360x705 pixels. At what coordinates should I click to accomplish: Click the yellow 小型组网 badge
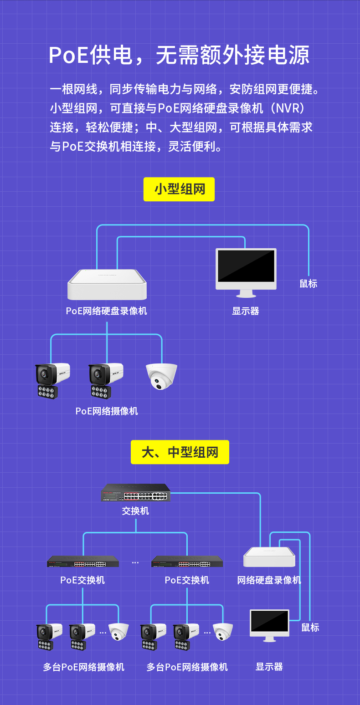[x=179, y=189]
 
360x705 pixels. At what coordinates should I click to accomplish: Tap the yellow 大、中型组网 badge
[x=180, y=452]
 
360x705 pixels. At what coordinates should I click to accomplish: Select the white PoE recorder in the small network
[x=107, y=285]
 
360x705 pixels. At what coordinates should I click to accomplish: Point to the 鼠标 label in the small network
[x=309, y=284]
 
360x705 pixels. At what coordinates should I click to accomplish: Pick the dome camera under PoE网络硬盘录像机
[x=162, y=377]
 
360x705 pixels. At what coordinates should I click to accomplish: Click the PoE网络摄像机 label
[x=107, y=411]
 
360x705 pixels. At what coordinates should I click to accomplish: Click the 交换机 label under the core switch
[x=135, y=511]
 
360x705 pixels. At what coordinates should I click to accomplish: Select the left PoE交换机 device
[x=83, y=562]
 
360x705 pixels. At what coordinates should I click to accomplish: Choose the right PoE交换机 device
[x=187, y=562]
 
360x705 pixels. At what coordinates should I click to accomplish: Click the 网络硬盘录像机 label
[x=269, y=580]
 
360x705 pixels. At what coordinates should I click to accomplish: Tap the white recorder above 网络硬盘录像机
[x=269, y=557]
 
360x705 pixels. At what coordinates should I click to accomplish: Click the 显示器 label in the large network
[x=269, y=667]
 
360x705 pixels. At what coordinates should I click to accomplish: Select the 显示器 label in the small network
[x=245, y=311]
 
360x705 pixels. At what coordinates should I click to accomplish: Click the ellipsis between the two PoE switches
[x=135, y=562]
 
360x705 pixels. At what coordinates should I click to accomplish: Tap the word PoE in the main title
[x=68, y=55]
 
